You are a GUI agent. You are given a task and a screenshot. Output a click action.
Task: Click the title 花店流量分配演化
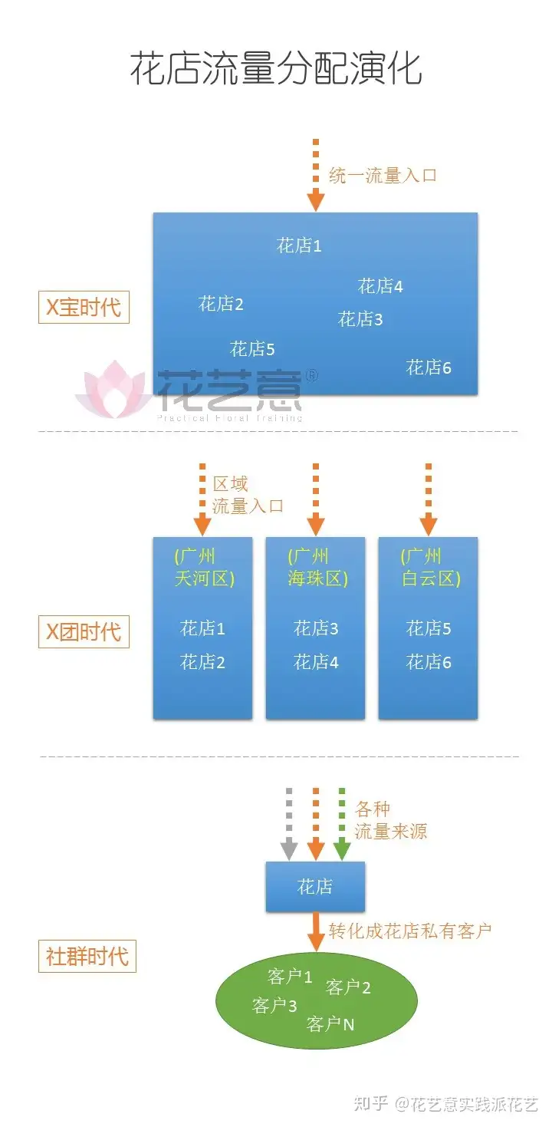point(276,68)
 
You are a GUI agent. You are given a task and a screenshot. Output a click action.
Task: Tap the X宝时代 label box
point(84,307)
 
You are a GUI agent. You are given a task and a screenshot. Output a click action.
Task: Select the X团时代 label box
point(84,631)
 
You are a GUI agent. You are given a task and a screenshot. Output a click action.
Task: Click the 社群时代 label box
point(87,956)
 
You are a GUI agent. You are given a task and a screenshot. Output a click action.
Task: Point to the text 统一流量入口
point(383,175)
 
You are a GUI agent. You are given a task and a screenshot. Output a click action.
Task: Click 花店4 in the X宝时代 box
point(380,286)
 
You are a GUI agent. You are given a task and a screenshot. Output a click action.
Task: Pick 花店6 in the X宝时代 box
point(429,367)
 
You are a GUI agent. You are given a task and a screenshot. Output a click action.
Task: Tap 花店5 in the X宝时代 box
point(252,348)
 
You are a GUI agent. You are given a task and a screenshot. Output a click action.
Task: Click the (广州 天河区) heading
point(204,567)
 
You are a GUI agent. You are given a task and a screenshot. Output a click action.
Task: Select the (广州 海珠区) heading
point(317,567)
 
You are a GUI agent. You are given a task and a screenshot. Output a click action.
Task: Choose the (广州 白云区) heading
point(431,567)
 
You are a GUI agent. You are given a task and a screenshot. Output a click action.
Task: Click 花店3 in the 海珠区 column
point(316,628)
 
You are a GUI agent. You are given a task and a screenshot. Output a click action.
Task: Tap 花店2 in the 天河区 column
point(202,661)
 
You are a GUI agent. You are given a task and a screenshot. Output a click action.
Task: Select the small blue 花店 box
point(315,887)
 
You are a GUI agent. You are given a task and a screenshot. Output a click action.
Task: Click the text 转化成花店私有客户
point(410,931)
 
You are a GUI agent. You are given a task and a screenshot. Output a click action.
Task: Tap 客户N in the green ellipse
point(330,1024)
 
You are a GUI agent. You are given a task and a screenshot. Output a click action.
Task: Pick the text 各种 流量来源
point(391,820)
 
